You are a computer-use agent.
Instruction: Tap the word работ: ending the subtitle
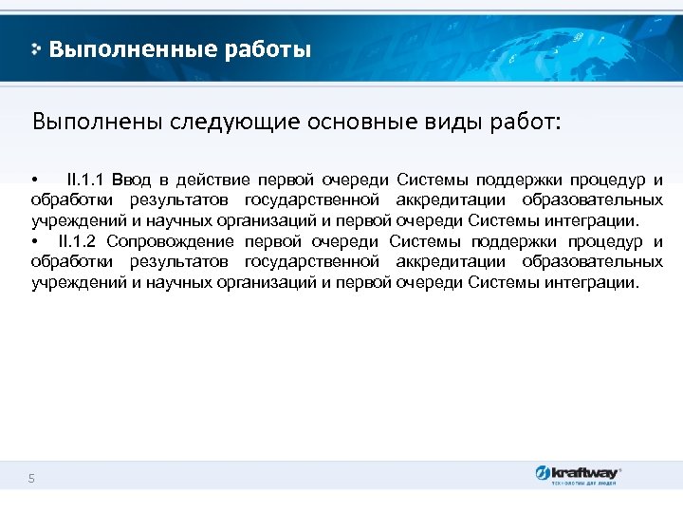529,123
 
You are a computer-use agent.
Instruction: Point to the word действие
217,180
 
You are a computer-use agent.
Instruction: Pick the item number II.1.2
81,241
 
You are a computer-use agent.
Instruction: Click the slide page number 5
31,479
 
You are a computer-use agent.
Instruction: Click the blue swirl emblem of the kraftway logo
542,473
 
